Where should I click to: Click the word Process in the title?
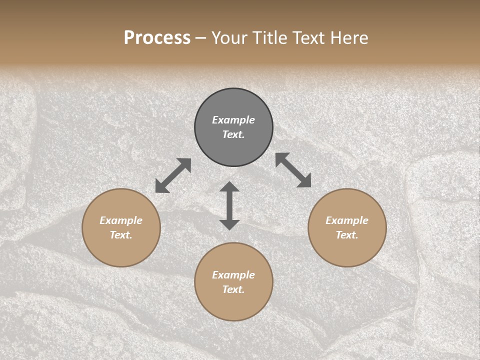pyautogui.click(x=157, y=38)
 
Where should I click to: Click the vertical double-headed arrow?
pyautogui.click(x=229, y=206)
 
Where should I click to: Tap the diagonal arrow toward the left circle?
pyautogui.click(x=173, y=175)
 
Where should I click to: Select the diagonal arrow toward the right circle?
pyautogui.click(x=293, y=170)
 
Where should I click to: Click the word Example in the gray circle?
pyautogui.click(x=233, y=120)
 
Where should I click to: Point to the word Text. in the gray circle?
pyautogui.click(x=233, y=134)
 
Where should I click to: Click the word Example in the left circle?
pyautogui.click(x=121, y=220)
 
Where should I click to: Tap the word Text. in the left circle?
pyautogui.click(x=121, y=235)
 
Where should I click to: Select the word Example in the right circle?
pyautogui.click(x=347, y=220)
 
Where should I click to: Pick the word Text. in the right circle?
pyautogui.click(x=347, y=235)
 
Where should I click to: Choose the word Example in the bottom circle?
pyautogui.click(x=233, y=275)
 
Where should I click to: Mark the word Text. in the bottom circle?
pyautogui.click(x=233, y=289)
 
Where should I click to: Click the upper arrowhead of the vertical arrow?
pyautogui.click(x=229, y=187)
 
